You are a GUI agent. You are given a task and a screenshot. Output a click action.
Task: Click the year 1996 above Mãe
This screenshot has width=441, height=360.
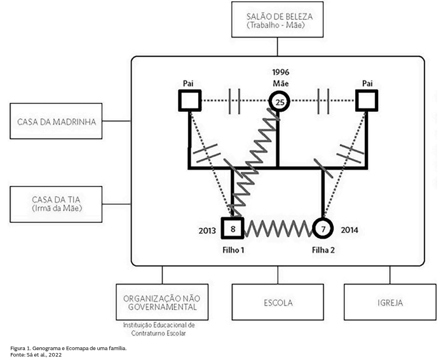pyautogui.click(x=280, y=72)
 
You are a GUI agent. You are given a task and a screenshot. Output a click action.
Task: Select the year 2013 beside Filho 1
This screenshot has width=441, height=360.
pyautogui.click(x=207, y=230)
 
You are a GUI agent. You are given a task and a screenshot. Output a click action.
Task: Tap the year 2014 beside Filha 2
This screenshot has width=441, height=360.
pyautogui.click(x=349, y=230)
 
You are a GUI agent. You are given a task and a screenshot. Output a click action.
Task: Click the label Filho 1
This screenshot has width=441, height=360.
pyautogui.click(x=233, y=250)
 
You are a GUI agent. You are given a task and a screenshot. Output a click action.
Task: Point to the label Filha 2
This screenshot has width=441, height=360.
pyautogui.click(x=323, y=250)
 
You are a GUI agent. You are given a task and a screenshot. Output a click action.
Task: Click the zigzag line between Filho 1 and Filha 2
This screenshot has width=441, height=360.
pyautogui.click(x=278, y=229)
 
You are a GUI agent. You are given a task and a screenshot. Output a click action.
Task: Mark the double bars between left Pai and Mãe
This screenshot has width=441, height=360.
pyautogui.click(x=234, y=101)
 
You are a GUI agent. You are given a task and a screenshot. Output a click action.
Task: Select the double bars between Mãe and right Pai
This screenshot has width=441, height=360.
pyautogui.click(x=323, y=101)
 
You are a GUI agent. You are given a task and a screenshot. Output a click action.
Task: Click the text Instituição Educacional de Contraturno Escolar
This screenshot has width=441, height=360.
pyautogui.click(x=159, y=329)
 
